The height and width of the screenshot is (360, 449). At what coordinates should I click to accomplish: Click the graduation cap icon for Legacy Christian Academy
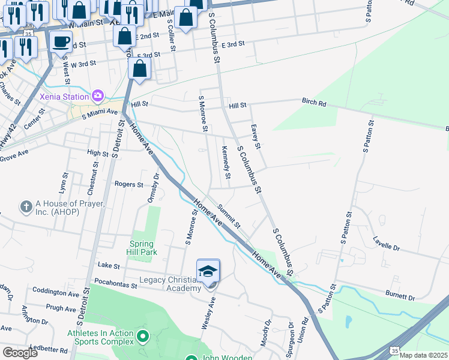(208, 271)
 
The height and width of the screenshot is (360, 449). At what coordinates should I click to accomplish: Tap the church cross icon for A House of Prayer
(26, 207)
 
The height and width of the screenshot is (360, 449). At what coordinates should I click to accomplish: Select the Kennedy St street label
(226, 163)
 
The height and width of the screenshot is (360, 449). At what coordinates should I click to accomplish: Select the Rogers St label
(129, 185)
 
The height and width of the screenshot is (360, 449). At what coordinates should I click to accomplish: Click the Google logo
(20, 353)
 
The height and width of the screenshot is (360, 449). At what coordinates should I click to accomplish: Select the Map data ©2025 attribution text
(423, 355)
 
